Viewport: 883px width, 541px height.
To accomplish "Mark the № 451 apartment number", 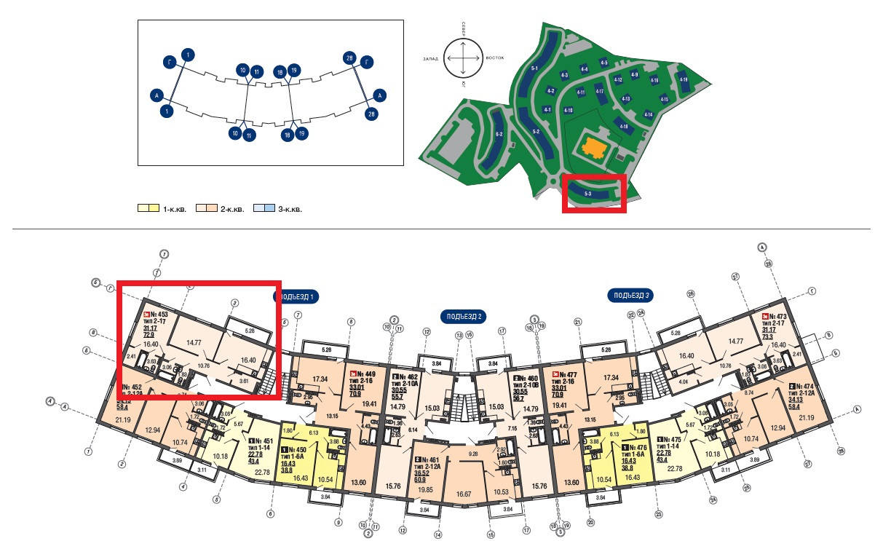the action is click(x=264, y=441).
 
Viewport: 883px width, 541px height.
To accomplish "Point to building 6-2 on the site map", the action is click(x=499, y=135).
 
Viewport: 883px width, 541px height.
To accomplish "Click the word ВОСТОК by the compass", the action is click(x=495, y=58).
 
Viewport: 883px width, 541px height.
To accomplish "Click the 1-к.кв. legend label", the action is click(x=175, y=209).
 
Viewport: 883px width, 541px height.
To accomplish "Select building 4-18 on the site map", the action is click(x=623, y=127).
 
